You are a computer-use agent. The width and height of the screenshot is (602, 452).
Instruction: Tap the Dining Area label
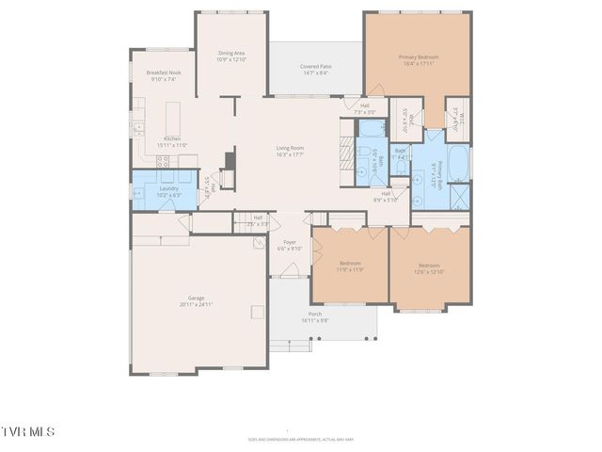pos(231,56)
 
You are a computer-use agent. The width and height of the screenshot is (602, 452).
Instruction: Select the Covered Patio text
pos(314,69)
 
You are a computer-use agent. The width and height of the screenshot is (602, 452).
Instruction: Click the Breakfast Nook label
pos(163,76)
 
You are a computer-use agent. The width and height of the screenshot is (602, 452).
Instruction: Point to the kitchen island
pos(173,118)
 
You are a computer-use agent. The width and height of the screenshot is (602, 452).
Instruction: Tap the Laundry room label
pos(168,192)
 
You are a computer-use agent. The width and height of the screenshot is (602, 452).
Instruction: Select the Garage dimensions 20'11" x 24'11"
pos(196,305)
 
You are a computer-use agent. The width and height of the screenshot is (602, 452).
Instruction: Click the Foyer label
pos(290,245)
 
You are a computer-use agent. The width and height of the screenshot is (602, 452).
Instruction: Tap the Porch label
pos(314,316)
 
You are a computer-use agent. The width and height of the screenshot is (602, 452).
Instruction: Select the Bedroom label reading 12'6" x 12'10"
pos(428,268)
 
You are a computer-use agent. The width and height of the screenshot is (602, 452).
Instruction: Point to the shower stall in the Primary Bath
pos(460,197)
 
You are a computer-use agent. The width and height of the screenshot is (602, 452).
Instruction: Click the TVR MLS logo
pos(28,431)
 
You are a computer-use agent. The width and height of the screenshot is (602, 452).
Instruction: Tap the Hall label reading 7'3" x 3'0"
pos(364,108)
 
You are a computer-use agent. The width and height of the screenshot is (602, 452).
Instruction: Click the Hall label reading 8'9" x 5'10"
pos(387,196)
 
